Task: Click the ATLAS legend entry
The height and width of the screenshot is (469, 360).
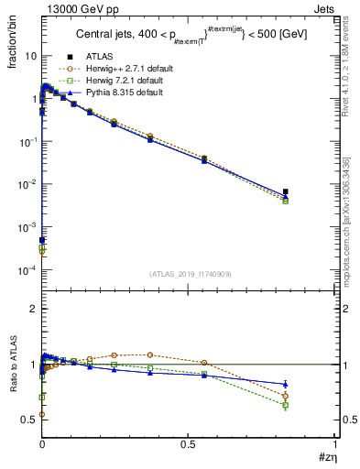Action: (x=97, y=56)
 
